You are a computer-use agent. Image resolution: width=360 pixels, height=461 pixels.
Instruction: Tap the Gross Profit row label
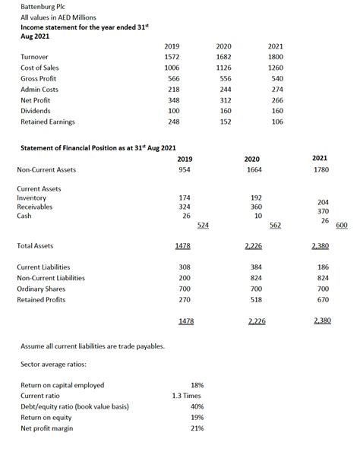tap(39, 78)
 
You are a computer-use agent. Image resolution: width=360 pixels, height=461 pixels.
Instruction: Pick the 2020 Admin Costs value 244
tap(224, 89)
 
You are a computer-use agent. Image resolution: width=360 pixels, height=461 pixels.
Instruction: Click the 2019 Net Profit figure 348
tap(173, 99)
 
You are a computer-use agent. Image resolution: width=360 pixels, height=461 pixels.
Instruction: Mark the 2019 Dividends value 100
tap(173, 111)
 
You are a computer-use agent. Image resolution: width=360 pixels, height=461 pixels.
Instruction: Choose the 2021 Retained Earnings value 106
tap(276, 122)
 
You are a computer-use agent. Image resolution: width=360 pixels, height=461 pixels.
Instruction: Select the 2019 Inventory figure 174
tap(184, 197)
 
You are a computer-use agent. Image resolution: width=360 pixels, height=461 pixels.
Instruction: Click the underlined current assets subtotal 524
tap(204, 225)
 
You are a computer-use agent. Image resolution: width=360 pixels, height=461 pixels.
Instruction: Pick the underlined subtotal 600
tap(341, 225)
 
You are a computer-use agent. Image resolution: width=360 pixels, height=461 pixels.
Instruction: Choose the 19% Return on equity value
tap(196, 417)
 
